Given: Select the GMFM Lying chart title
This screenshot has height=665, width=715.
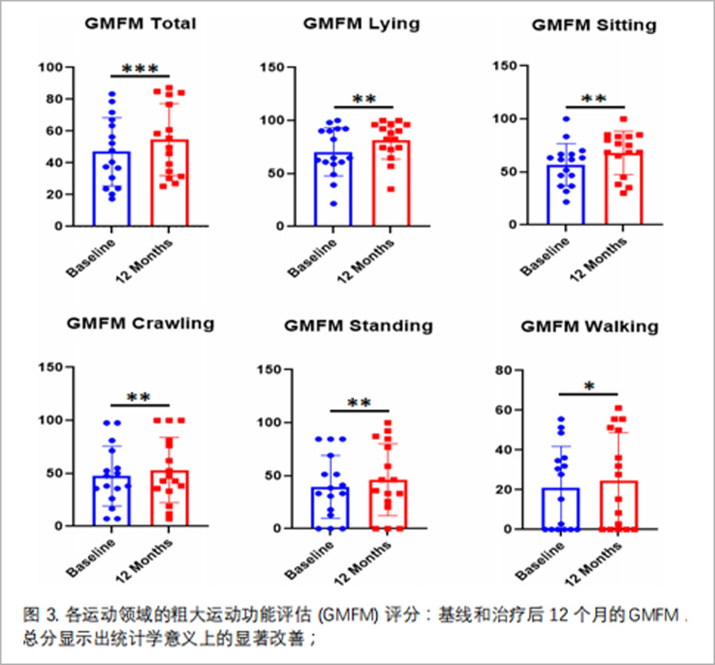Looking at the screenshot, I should [361, 23].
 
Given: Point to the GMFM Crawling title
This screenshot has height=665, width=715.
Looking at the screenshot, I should [140, 323].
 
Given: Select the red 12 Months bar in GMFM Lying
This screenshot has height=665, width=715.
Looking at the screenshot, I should [391, 183].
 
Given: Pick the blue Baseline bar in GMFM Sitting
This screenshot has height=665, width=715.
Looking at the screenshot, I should [565, 195].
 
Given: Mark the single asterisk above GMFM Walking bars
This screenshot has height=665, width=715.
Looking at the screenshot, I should [589, 387].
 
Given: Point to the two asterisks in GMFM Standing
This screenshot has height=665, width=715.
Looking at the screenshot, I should [359, 404].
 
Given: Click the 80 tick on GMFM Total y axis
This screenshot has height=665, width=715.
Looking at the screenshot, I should [52, 99].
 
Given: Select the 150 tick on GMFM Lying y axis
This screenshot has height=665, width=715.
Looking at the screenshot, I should [273, 68].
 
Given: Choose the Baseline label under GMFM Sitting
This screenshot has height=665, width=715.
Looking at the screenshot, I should [547, 253].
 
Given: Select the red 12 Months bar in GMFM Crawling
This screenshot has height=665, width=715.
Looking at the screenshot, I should [169, 497].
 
